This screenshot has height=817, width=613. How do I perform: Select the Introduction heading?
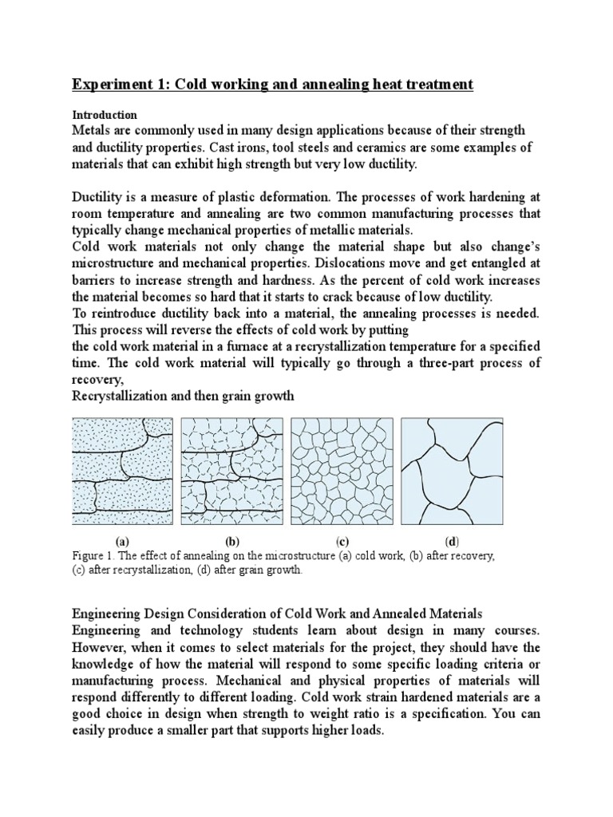(x=105, y=115)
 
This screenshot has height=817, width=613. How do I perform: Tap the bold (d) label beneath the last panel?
(x=452, y=541)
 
